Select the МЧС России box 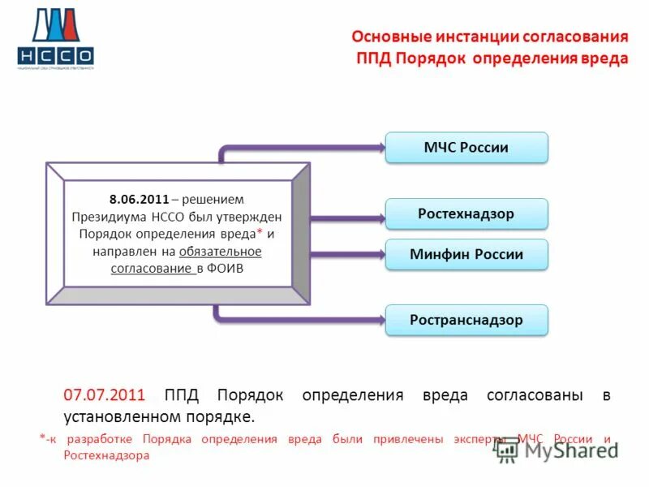point(466,148)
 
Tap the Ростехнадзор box point(466,213)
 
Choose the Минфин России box point(466,254)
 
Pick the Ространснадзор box point(466,320)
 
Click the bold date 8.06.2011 point(139,199)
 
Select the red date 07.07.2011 point(104,395)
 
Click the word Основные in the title point(387,37)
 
